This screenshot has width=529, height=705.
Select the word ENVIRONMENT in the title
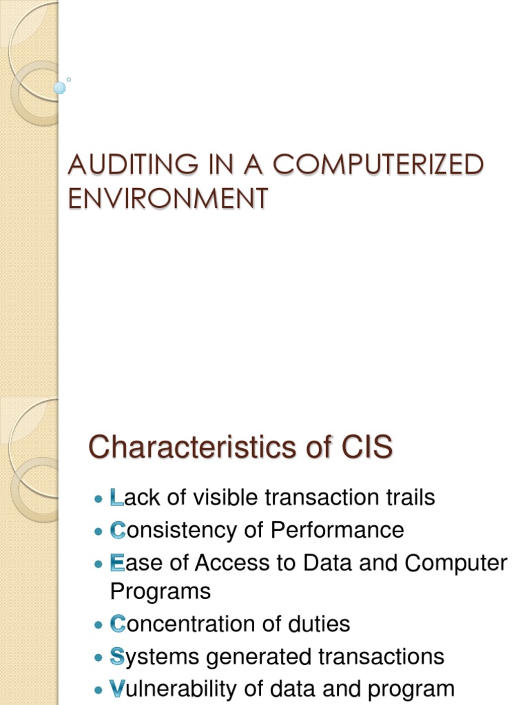(x=167, y=198)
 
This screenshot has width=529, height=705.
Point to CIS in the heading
(x=367, y=448)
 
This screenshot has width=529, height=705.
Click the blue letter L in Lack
(x=116, y=497)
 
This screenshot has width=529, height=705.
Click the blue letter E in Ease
(x=117, y=563)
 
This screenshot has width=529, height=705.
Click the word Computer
(x=455, y=563)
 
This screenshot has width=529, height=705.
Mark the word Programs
(x=160, y=591)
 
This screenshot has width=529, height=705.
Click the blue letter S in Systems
(x=117, y=657)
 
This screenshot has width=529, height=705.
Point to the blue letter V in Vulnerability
(x=117, y=688)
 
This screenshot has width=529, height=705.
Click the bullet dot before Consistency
(x=98, y=531)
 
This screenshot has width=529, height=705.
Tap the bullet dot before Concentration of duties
(x=98, y=624)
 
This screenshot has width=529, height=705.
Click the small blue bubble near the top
(x=60, y=88)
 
